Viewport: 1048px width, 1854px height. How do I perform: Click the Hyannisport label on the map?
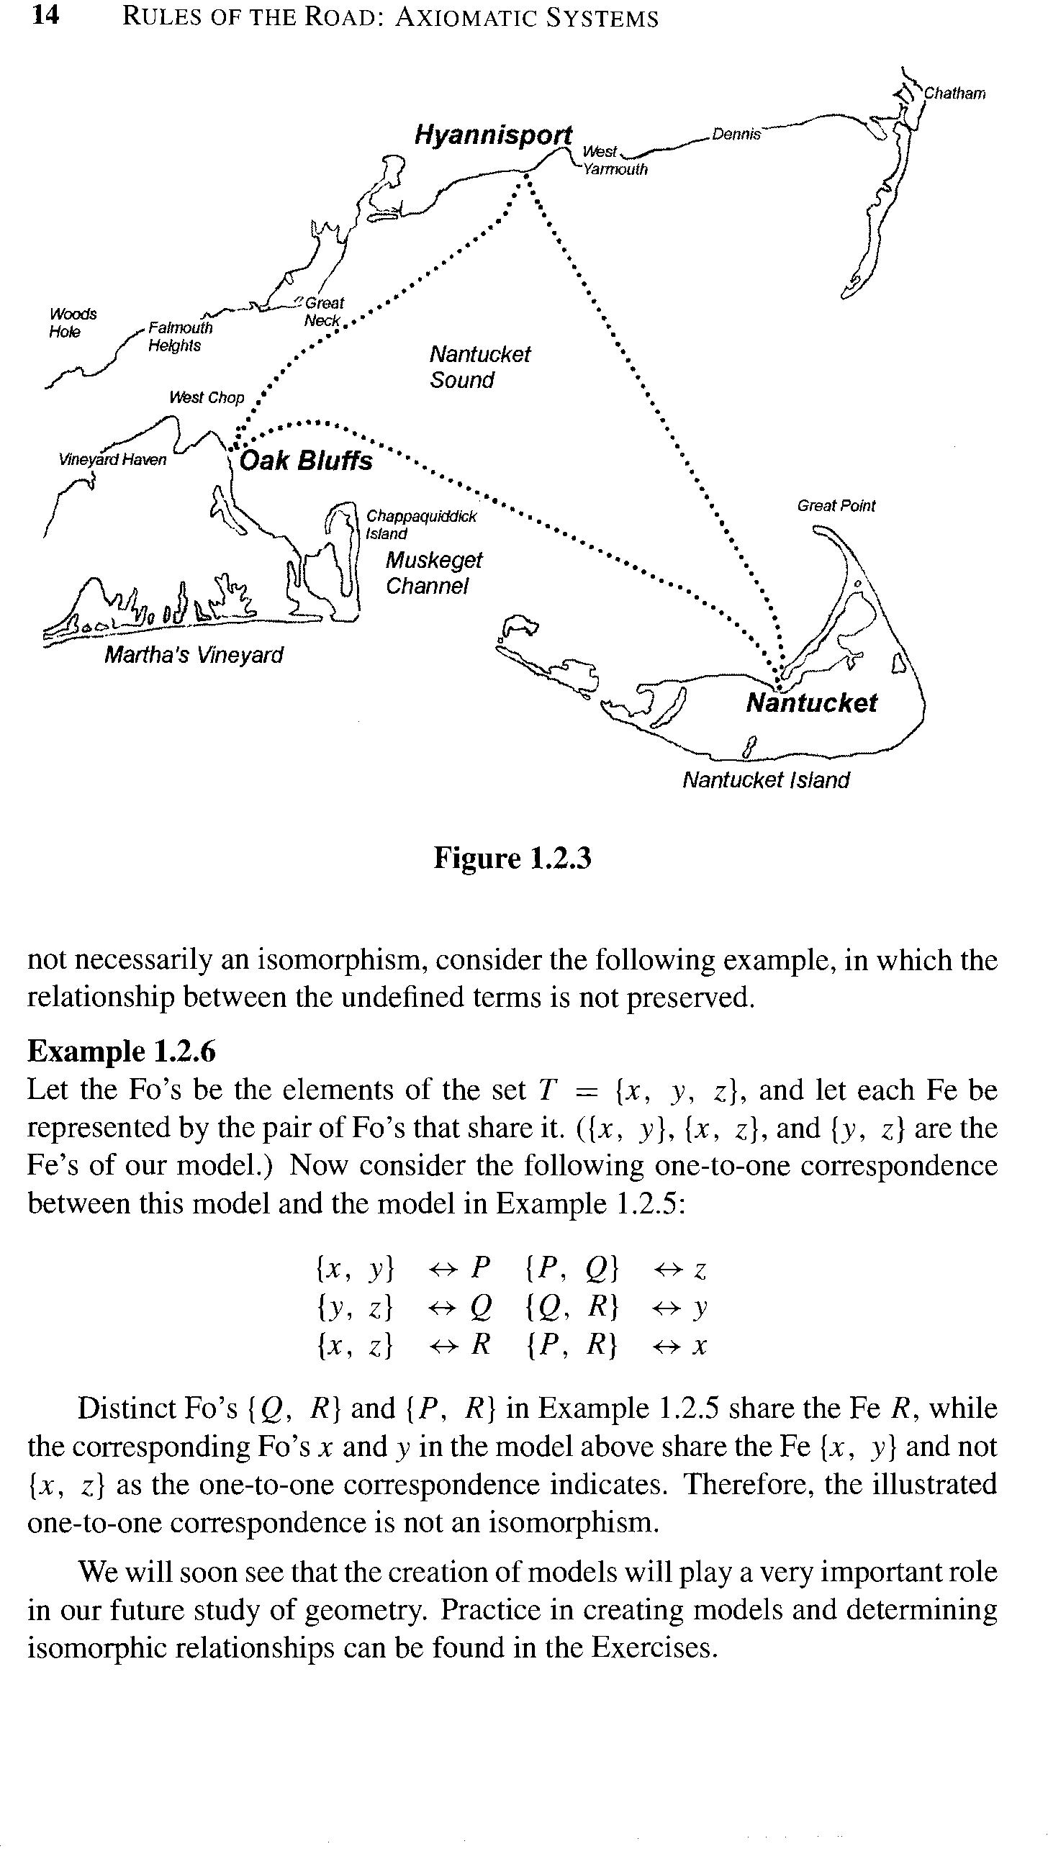pyautogui.click(x=493, y=135)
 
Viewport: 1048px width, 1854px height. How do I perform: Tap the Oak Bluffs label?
pyautogui.click(x=306, y=461)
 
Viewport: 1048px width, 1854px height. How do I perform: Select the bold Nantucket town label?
pyautogui.click(x=811, y=702)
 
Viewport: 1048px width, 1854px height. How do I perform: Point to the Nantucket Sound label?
pyautogui.click(x=479, y=367)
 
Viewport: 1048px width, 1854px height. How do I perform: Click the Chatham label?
pyautogui.click(x=954, y=94)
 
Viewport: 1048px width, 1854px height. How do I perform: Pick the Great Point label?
pyautogui.click(x=836, y=506)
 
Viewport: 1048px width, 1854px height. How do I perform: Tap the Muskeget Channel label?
pyautogui.click(x=433, y=573)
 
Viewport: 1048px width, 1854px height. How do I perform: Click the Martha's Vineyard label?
pyautogui.click(x=194, y=655)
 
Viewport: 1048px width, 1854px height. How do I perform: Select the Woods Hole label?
pyautogui.click(x=72, y=322)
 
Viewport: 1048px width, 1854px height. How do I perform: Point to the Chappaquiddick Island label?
pyautogui.click(x=421, y=525)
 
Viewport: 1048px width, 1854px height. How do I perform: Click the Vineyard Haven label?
pyautogui.click(x=112, y=459)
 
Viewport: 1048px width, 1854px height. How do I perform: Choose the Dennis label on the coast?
pyautogui.click(x=736, y=135)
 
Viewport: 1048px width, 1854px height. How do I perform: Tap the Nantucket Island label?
pyautogui.click(x=766, y=780)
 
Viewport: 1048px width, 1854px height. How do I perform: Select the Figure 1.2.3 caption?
pyautogui.click(x=512, y=858)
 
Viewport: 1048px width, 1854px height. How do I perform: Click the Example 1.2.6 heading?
pyautogui.click(x=122, y=1052)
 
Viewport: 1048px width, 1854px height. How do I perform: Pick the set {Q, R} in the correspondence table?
pyautogui.click(x=572, y=1306)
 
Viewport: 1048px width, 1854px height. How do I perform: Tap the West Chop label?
pyautogui.click(x=207, y=398)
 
